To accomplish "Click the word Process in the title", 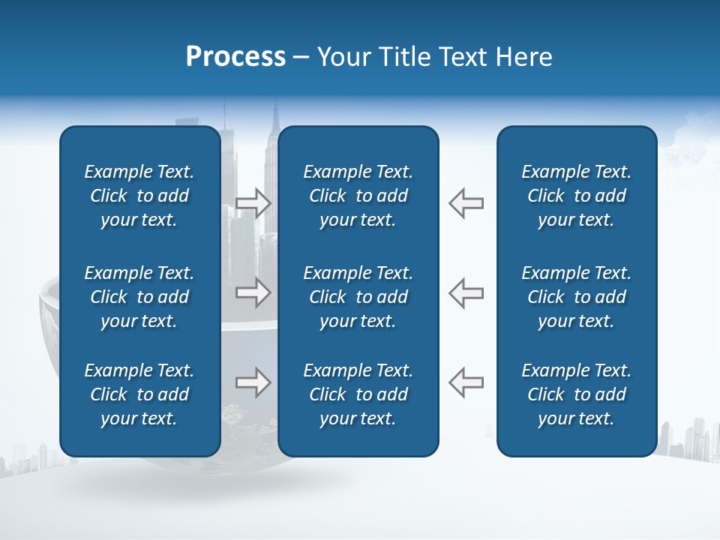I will point(235,57).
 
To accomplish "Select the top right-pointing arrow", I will point(253,203).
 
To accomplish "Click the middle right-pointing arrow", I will point(253,292).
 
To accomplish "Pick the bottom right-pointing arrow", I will point(253,382).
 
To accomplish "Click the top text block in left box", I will point(139,196).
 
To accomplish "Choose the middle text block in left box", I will point(139,297).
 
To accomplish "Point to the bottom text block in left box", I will point(139,394).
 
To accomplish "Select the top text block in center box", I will point(358,196).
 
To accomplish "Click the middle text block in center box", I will point(358,297).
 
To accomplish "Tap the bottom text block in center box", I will point(358,394).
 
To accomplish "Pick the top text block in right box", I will point(576,196).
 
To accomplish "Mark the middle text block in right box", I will point(576,297).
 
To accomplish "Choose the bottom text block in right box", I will point(576,394).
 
